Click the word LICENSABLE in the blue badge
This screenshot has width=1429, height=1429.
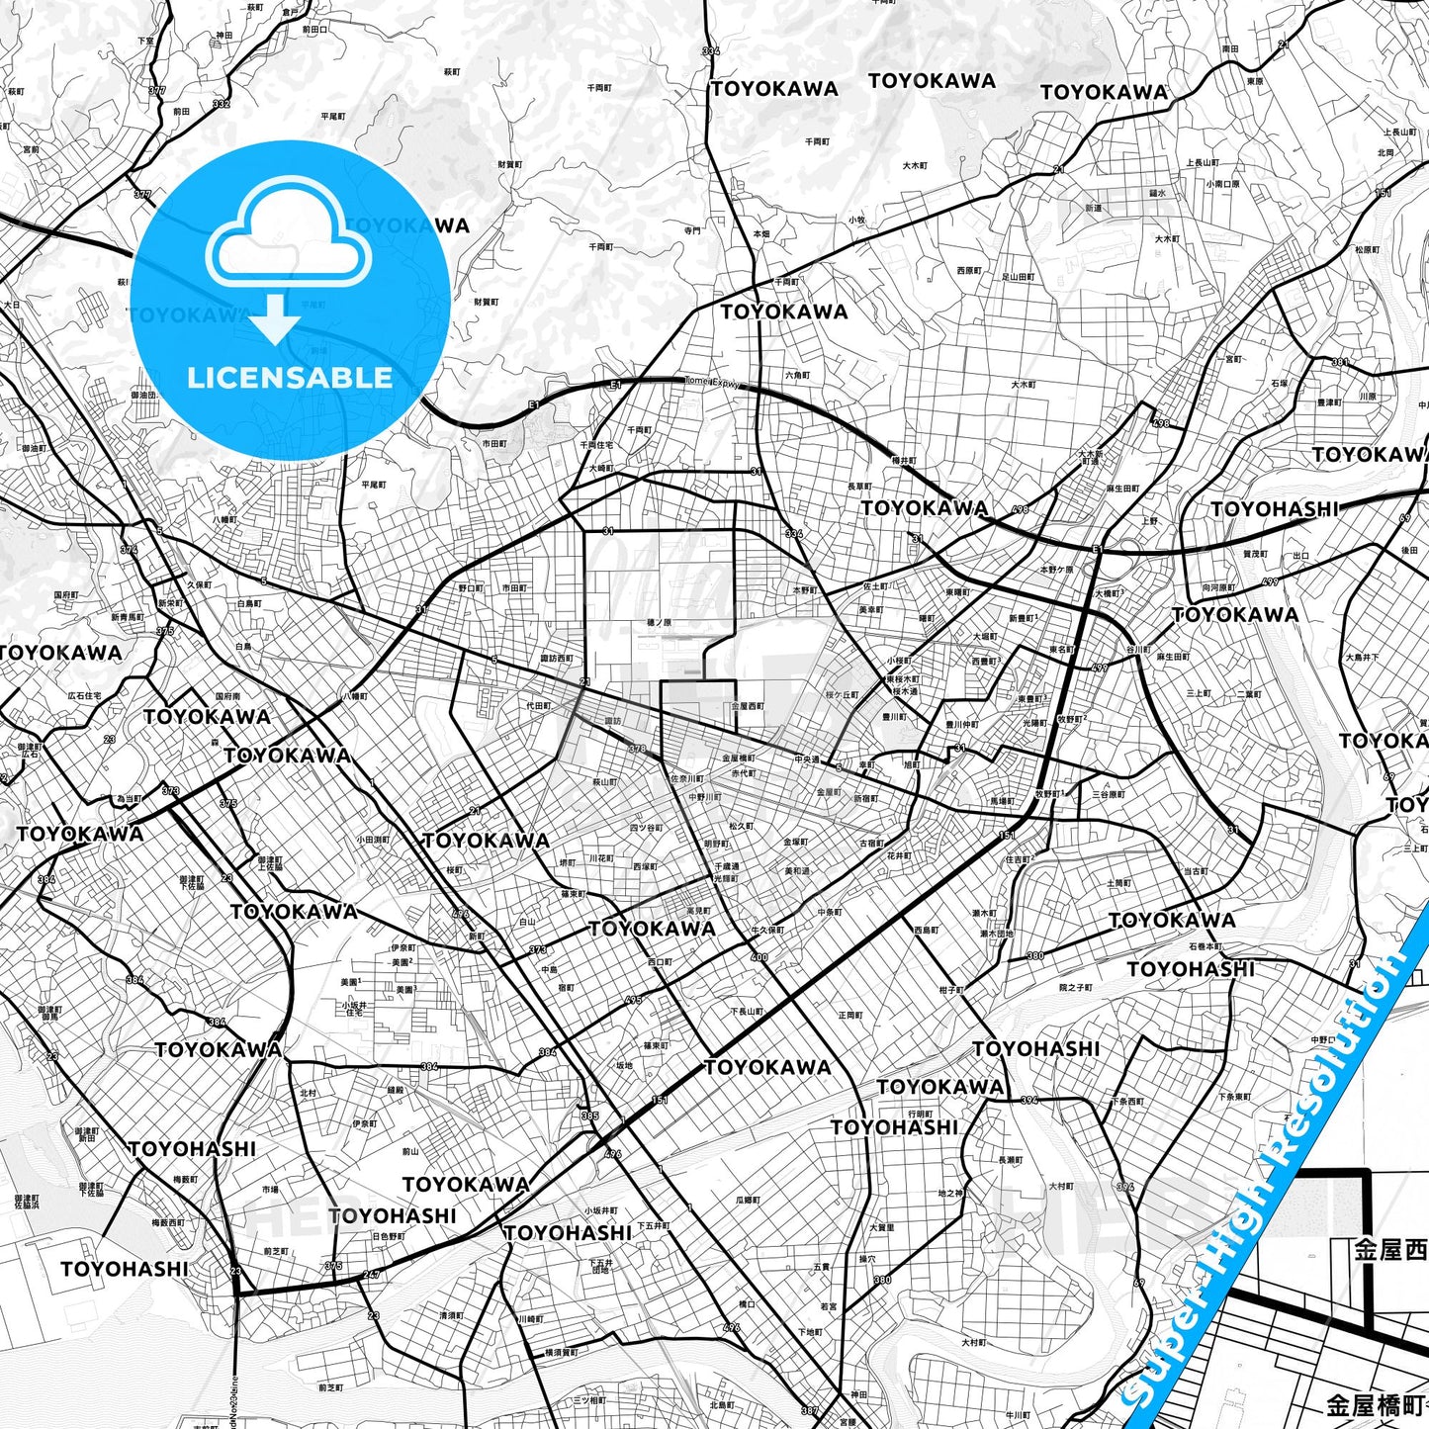tap(290, 378)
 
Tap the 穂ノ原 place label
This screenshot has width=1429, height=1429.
tap(658, 623)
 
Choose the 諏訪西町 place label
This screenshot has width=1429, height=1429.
tap(556, 658)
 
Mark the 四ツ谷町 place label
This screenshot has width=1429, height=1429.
tap(646, 827)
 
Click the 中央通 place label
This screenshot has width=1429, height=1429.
tap(807, 759)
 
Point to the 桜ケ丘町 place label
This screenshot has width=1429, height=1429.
tap(843, 695)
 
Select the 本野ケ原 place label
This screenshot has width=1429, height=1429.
tap(1056, 570)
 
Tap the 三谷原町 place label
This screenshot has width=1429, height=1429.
tap(1109, 794)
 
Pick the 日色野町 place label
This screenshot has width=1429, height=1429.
tap(388, 1236)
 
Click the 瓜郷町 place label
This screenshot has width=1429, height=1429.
tap(748, 1200)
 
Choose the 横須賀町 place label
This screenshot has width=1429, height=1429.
tap(562, 1352)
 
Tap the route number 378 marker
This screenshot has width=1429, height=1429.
tap(638, 749)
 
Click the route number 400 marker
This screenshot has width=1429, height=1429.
tap(759, 957)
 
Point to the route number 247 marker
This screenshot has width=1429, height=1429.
tap(371, 1275)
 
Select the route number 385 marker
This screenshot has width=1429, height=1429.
tap(589, 1116)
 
